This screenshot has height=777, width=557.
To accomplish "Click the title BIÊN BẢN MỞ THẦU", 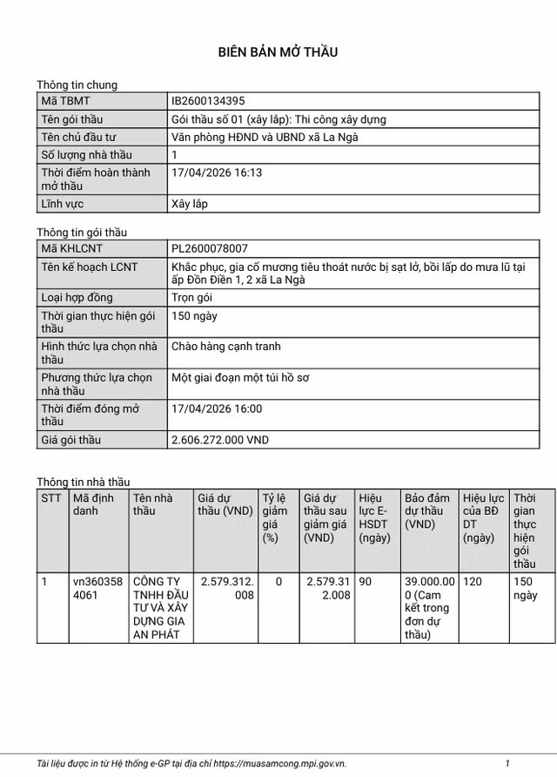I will [278, 52].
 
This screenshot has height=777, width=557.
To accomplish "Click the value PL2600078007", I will [210, 249].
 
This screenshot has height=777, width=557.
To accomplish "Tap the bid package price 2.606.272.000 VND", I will [220, 440].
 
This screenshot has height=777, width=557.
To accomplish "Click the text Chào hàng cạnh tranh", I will [226, 347].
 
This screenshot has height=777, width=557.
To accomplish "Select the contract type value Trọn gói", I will [193, 298].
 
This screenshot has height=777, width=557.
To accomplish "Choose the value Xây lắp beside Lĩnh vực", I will [190, 204].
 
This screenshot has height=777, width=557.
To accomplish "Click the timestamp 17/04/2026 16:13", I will [217, 172].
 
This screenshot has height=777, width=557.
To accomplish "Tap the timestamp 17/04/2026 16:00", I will [217, 409].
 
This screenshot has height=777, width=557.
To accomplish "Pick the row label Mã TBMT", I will [65, 102].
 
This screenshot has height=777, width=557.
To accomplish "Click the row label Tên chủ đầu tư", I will [78, 137].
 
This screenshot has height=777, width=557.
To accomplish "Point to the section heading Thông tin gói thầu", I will [82, 233].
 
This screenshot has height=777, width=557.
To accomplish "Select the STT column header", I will [51, 497].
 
